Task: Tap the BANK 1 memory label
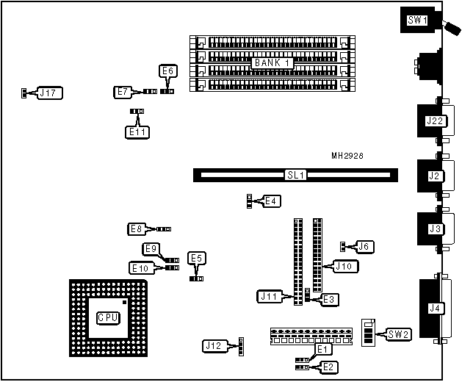click(x=272, y=63)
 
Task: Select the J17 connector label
click(x=50, y=93)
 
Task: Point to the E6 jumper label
click(x=167, y=71)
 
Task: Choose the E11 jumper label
click(x=137, y=132)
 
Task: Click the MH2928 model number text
click(x=347, y=156)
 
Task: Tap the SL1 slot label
click(x=295, y=176)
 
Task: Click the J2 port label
click(x=433, y=176)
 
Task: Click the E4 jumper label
click(x=271, y=201)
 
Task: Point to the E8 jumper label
click(x=137, y=229)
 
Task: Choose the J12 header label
click(x=214, y=345)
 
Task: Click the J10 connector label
click(x=344, y=266)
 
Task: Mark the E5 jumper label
click(x=196, y=258)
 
